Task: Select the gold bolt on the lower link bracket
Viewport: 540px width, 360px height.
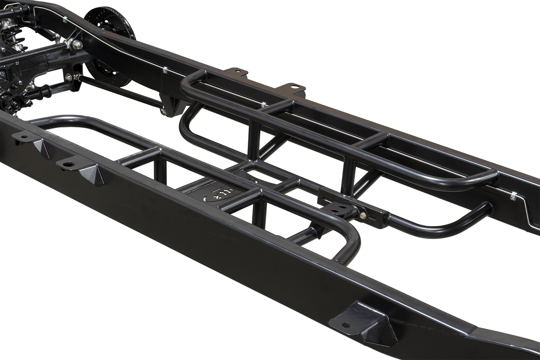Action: pyautogui.click(x=67, y=78)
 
